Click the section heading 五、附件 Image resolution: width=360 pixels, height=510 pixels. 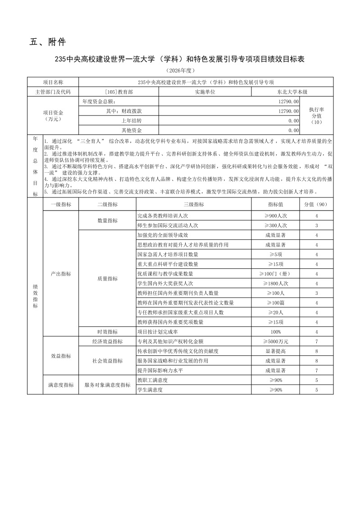click(48, 42)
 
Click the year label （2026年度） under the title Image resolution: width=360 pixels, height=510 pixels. click(180, 71)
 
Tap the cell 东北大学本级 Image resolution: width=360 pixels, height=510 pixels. click(292, 92)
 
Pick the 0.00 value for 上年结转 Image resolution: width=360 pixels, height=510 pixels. click(293, 120)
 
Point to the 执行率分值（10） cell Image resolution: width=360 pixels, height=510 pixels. click(317, 115)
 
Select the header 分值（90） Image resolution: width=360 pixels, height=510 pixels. click(317, 204)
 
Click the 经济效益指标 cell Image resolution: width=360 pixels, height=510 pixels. click(107, 342)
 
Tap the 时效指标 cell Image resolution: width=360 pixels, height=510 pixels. click(107, 332)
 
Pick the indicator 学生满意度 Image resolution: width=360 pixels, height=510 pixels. click(150, 390)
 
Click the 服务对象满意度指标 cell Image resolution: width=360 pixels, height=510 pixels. click(107, 385)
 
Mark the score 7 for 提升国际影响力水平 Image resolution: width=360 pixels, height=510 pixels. click(317, 371)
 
